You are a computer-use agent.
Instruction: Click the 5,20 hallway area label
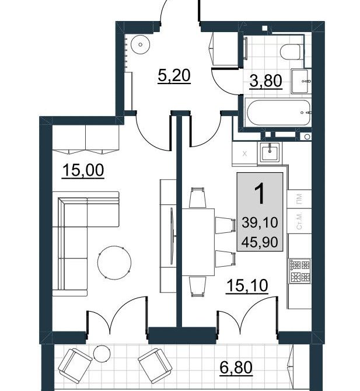pos(174,75)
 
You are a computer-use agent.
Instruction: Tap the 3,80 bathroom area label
pos(265,81)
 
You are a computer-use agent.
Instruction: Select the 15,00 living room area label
pos(83,170)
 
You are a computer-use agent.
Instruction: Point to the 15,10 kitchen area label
pos(247,286)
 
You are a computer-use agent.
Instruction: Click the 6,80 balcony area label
pos(236,368)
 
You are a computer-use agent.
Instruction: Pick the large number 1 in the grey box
pos(260,194)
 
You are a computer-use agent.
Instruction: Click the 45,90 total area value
pos(260,242)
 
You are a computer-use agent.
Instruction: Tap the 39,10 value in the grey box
pos(260,222)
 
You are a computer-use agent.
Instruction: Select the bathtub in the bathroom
pos(278,113)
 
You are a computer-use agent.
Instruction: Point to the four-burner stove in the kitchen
pos(300,271)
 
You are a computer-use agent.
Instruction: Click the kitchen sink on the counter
pos(270,152)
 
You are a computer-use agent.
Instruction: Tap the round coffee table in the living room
pos(114,263)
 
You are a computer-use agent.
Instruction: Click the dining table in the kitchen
pos(198,242)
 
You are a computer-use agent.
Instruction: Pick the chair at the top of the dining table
pos(198,197)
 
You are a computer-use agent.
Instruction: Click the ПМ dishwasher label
pos(299,199)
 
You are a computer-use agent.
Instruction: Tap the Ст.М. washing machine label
pos(299,221)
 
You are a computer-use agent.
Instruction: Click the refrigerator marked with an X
pos(244,154)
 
